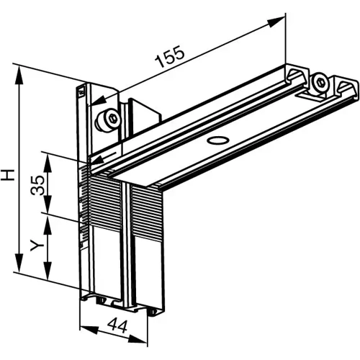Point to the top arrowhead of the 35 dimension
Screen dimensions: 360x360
[48, 155]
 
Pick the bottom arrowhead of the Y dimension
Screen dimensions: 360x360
[48, 277]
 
